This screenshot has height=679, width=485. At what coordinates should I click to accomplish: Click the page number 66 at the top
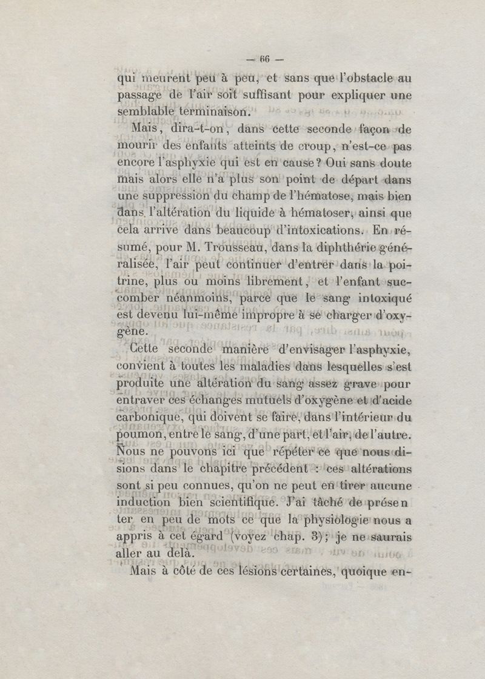[x=264, y=59]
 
